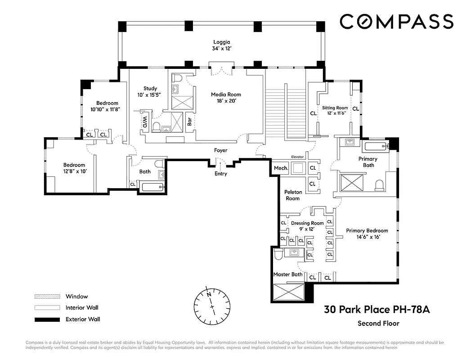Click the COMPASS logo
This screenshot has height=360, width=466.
point(396,22)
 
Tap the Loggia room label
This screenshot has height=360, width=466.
point(222,45)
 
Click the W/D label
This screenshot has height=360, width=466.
point(145,121)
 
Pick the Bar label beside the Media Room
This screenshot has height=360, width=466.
point(190,121)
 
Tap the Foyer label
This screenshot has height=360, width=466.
point(220,150)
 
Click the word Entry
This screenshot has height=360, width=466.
point(220,174)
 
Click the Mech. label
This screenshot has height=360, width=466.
point(281,168)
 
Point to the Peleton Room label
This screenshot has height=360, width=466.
point(293,195)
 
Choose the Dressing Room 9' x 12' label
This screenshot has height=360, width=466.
point(307,226)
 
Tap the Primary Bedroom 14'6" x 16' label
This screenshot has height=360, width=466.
point(367,234)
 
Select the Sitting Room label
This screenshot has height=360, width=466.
point(335,111)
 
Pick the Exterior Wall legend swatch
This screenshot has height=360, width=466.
point(47,319)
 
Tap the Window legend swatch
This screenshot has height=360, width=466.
point(47,297)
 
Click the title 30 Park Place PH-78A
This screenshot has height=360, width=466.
point(377,310)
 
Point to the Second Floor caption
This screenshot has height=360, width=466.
point(378,323)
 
